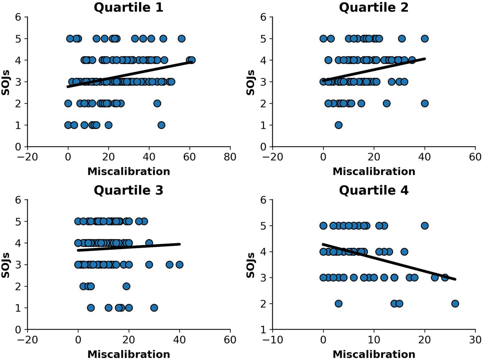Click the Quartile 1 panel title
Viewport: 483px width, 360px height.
128,7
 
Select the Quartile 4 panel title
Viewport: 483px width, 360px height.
374,190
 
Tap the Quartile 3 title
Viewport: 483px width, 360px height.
128,190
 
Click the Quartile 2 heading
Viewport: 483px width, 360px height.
374,7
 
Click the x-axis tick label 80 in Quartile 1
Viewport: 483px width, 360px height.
230,157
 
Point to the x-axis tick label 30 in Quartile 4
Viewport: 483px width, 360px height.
475,340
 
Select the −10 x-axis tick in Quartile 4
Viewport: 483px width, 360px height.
272,340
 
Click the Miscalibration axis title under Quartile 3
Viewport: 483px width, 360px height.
128,354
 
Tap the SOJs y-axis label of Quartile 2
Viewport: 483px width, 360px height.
250,82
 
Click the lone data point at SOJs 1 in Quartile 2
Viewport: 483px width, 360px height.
338,125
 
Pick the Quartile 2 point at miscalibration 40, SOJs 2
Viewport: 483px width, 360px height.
425,103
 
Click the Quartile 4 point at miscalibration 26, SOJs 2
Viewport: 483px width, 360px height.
455,303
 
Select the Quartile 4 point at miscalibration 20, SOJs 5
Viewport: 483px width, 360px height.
425,225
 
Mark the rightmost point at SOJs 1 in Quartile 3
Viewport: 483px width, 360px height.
154,308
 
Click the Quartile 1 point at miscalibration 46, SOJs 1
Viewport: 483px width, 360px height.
161,125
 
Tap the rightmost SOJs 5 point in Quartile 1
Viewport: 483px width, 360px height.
181,39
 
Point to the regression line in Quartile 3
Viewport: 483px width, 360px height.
128,247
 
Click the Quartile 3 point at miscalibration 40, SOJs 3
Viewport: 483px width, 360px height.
179,265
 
